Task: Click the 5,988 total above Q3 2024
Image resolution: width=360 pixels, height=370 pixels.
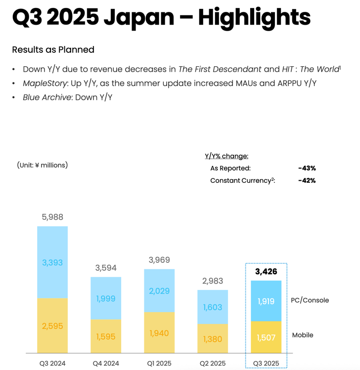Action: point(52,217)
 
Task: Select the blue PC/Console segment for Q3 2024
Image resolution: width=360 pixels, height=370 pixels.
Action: point(52,262)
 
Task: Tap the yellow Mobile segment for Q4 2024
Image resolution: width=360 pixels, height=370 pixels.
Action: point(106,336)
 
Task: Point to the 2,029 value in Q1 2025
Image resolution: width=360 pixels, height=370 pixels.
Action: point(159,291)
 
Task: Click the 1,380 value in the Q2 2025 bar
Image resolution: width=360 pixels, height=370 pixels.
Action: point(213,339)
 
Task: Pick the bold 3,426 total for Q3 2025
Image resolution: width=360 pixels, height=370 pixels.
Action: point(266,271)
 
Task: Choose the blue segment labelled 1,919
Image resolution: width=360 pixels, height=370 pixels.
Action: point(266,301)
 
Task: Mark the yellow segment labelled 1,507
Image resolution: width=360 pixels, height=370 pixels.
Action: point(266,338)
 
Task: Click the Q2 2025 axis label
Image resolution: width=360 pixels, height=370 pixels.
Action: point(213,363)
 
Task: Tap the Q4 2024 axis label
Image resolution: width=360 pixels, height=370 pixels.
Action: point(106,363)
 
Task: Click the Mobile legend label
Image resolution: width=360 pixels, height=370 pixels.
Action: point(303,335)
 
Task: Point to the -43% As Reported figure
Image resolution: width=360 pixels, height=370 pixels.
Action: point(307,168)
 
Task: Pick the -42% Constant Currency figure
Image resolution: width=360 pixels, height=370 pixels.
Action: point(307,180)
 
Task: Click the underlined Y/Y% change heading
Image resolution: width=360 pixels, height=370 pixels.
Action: point(226,156)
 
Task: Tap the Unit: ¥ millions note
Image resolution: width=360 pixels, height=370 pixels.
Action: point(43,165)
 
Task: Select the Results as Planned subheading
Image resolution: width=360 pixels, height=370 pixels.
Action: point(53,50)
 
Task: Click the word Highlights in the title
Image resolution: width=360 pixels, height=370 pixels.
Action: point(254,18)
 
